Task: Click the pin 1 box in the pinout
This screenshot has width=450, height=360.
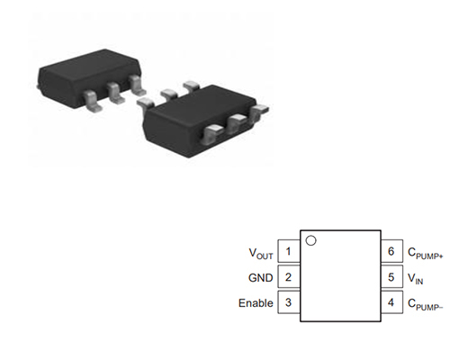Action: point(289,251)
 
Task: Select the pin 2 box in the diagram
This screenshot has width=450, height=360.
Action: point(289,276)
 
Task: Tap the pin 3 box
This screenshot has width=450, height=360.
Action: point(289,302)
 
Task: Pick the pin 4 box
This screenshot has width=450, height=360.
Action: point(391,302)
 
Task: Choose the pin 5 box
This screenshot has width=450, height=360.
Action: point(391,276)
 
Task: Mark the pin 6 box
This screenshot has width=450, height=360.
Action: point(391,251)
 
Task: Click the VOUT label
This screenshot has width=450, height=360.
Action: point(261,253)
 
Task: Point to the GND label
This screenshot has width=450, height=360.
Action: point(260,278)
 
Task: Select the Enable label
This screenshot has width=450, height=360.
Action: point(256,303)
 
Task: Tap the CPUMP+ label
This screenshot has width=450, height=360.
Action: point(425,253)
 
